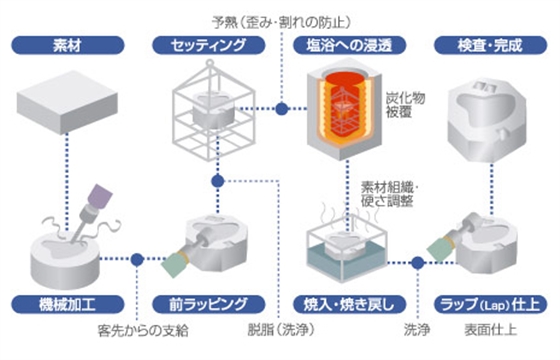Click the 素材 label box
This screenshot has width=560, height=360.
coord(72,45)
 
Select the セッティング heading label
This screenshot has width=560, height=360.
coord(211,45)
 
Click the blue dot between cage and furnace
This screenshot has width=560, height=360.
coord(283,109)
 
